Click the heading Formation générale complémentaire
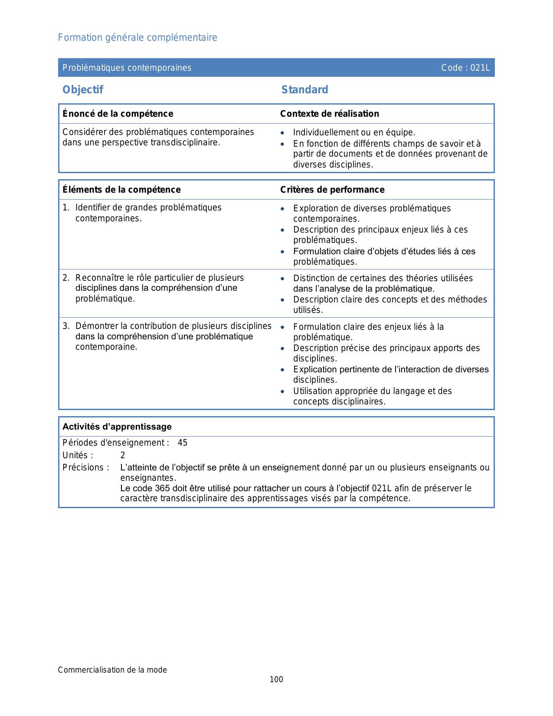137,38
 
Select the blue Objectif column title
83,90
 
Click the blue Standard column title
304,90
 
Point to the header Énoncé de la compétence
118,114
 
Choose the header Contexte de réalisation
329,114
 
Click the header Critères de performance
332,190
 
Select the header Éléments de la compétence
121,190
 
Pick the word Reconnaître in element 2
97,278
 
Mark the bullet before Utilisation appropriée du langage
282,391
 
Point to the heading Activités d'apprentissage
117,427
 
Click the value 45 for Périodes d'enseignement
183,443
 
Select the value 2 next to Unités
123,455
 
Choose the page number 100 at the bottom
276,680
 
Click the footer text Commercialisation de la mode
112,670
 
